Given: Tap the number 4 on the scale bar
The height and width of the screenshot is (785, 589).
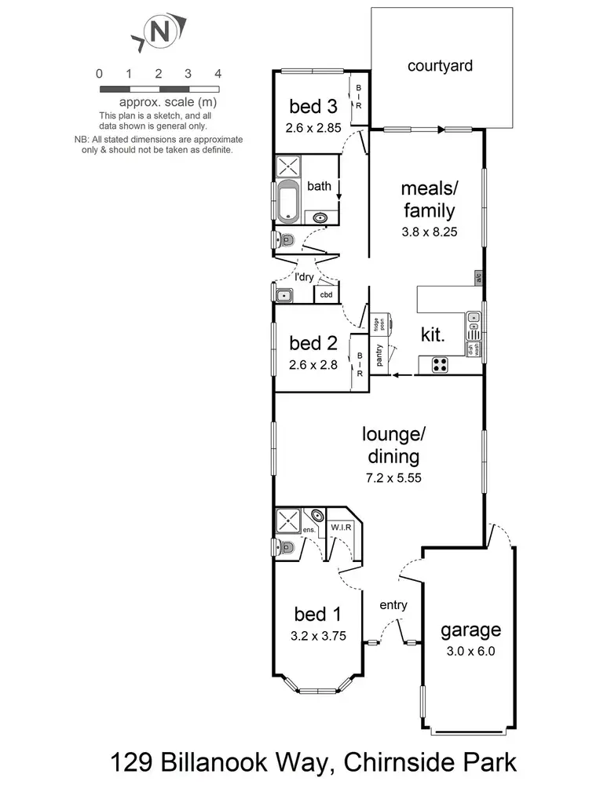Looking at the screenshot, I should point(218,74).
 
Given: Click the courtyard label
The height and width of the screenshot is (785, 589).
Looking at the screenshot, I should point(440,66).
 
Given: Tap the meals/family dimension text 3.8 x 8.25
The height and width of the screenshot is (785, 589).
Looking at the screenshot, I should point(428,232).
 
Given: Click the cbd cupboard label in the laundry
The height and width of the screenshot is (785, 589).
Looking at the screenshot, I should point(326,294).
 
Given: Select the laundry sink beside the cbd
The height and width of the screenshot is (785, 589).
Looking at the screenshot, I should point(284,295).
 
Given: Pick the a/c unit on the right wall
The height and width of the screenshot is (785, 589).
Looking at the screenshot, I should point(477,277).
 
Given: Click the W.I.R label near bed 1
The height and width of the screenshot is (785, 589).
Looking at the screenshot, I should point(340,527).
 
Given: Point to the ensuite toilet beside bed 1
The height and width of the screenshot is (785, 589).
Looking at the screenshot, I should point(285,548).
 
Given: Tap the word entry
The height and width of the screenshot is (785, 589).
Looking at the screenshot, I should point(393,604).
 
